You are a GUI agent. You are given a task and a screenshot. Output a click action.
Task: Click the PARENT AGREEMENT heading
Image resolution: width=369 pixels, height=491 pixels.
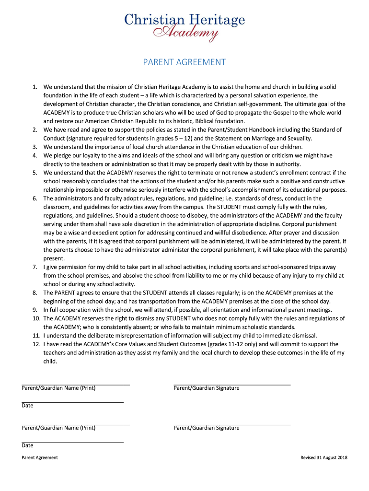184,62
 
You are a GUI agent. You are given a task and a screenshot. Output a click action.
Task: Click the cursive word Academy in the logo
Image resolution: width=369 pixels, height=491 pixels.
185,33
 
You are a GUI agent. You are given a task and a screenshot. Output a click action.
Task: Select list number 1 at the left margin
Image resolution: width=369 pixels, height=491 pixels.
35,87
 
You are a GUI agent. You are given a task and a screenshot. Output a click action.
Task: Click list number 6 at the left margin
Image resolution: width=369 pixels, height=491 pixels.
35,198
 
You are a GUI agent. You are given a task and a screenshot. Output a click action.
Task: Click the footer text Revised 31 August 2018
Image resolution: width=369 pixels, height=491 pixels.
323,457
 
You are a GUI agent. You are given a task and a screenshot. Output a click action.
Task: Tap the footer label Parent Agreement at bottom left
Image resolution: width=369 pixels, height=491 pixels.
40,457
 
